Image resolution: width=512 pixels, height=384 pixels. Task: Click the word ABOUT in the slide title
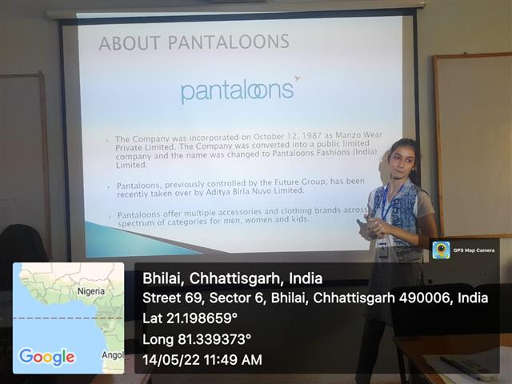pos(130,43)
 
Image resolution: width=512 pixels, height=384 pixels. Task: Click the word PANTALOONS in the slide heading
pos(229,42)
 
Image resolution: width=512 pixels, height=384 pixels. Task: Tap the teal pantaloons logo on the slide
pos(238,92)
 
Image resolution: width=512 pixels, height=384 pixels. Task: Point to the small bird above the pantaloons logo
pos(297,78)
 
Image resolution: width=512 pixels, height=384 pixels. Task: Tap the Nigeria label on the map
pos(91,291)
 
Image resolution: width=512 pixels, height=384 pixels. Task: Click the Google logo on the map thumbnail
pos(47,357)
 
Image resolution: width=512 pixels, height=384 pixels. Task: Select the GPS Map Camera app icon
pos(441,250)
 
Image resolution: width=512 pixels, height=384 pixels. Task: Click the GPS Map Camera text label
pos(474,250)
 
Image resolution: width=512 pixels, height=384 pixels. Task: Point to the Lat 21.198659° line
pos(190,318)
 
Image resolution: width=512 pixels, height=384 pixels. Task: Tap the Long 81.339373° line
pos(197,339)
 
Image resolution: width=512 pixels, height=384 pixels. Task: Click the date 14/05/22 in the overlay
pos(171,360)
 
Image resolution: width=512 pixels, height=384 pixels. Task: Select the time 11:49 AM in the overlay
pos(233,360)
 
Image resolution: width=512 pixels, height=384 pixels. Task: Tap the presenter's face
pos(401,161)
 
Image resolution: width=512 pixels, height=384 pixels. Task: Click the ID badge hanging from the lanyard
pos(383,249)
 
